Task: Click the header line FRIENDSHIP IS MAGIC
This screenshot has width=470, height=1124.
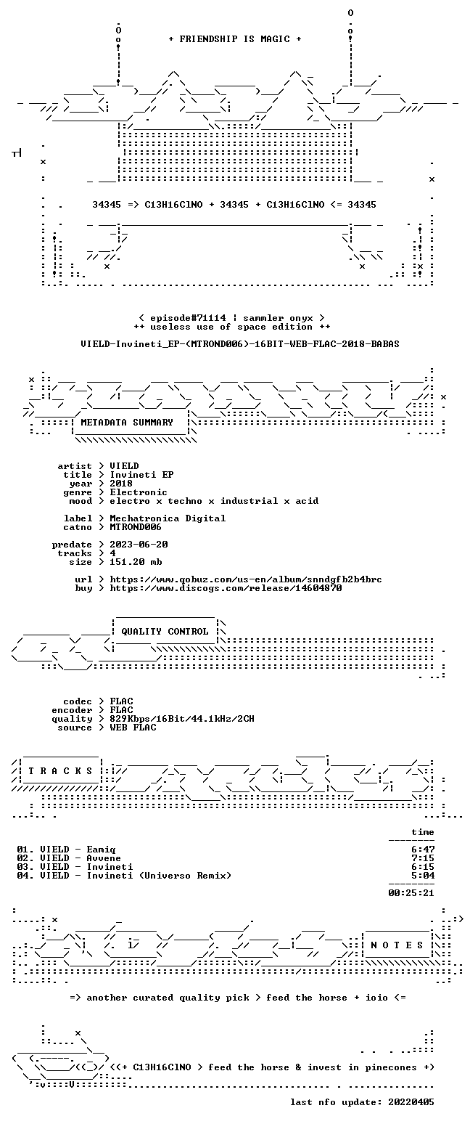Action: (235, 39)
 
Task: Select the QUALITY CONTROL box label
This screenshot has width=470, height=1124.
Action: (165, 632)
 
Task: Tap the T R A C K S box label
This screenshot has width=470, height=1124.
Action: (61, 771)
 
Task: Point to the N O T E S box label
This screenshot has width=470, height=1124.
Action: (397, 945)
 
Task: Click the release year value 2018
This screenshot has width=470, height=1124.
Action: (121, 484)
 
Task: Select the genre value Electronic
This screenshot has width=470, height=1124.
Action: (139, 492)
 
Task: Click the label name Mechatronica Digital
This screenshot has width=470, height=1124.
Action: (168, 518)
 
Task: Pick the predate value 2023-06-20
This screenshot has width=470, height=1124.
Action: (139, 545)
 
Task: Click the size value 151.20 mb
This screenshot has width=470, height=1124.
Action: (136, 562)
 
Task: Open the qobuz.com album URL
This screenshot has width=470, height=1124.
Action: (246, 579)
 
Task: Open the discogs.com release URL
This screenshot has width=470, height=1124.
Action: (226, 588)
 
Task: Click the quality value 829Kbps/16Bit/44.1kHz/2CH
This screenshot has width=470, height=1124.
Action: (182, 719)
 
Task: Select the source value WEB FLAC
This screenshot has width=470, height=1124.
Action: (133, 728)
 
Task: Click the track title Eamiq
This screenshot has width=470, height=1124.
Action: (102, 850)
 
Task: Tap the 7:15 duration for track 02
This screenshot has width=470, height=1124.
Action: (423, 858)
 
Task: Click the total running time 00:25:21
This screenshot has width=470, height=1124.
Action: (411, 892)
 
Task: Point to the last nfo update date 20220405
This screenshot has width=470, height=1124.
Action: (411, 1102)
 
